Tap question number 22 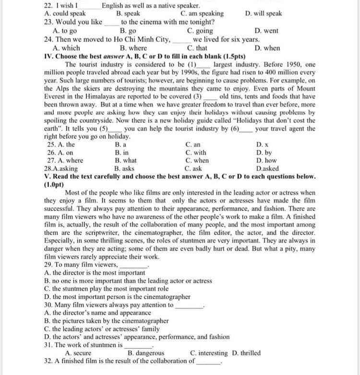click(48, 6)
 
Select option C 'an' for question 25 click(192, 144)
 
